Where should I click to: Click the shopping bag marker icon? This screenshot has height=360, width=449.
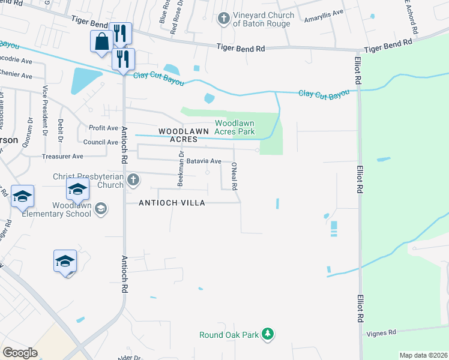coord(101,41)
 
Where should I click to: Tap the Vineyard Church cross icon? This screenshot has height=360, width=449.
coord(223,18)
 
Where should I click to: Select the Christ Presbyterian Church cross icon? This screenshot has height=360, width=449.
coord(133,179)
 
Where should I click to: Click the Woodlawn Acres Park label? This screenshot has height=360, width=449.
coord(235,127)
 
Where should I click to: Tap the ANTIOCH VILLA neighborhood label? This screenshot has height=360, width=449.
coord(172,203)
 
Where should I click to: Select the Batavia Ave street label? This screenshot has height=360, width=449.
coord(203,161)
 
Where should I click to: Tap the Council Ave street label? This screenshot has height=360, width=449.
coord(100,142)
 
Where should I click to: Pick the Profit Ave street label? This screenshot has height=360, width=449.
coord(103,128)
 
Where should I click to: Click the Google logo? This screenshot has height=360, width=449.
coord(20,352)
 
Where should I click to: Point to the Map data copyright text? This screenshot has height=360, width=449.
coord(423,355)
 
